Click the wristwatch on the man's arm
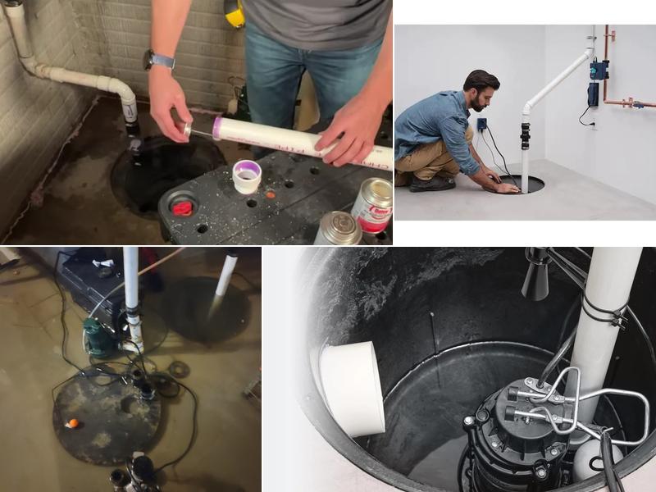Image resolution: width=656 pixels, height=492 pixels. tap(159, 59)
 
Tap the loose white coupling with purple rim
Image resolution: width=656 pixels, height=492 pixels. tap(246, 175)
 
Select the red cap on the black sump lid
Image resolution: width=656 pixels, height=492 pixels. tap(182, 208)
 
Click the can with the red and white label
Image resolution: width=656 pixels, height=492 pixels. tap(372, 204)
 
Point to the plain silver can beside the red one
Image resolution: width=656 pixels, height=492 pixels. tap(338, 229)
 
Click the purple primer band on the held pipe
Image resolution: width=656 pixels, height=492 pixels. tap(217, 127)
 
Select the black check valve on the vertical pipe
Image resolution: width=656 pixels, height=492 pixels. tap(525, 134)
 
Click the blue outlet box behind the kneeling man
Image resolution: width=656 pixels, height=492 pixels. tap(481, 125)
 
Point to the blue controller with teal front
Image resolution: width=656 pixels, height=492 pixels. tap(599, 69)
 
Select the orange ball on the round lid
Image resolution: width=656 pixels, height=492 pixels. tap(73, 423)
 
